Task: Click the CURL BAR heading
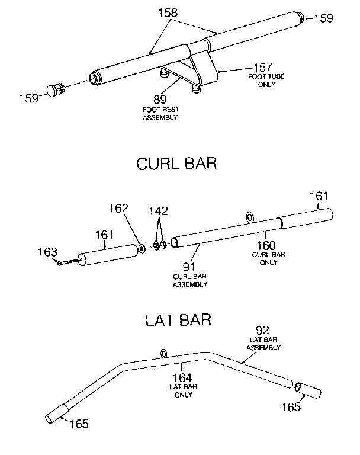(x=176, y=163)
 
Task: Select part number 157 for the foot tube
(x=263, y=67)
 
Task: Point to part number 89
(x=159, y=99)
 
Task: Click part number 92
(x=263, y=330)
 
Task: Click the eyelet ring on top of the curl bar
(x=250, y=217)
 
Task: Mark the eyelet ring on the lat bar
(x=163, y=354)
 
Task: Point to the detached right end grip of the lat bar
(x=308, y=391)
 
